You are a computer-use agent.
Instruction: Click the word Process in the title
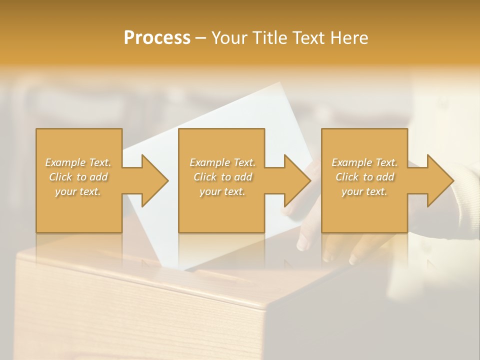[157, 38]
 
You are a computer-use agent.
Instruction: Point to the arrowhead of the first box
[155, 181]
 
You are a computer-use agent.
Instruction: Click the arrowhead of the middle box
[297, 181]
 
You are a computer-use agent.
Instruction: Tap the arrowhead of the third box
[440, 181]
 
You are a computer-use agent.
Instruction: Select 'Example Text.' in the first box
[78, 162]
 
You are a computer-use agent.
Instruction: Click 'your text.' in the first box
[78, 191]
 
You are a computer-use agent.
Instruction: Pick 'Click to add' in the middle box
[222, 177]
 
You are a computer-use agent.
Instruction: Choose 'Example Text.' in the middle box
[222, 162]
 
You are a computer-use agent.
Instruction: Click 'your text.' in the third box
[364, 191]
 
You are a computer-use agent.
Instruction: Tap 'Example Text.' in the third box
[364, 162]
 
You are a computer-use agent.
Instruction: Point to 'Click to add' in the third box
[364, 177]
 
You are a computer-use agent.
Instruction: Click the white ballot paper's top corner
[280, 84]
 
